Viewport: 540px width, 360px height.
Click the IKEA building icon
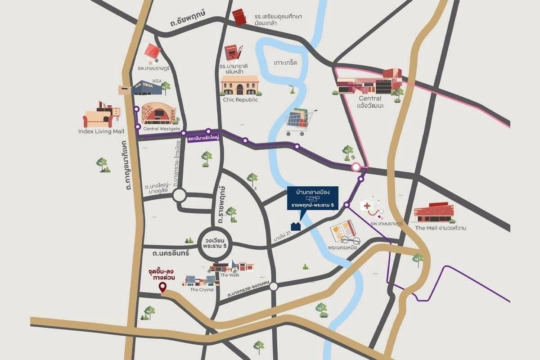(x=147, y=88)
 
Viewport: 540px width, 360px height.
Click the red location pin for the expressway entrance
(x=163, y=288)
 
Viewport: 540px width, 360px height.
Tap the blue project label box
(x=313, y=198)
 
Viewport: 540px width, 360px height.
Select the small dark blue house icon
(x=296, y=225)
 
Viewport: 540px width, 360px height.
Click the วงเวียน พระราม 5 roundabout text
(x=214, y=245)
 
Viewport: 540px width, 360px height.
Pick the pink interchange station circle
(x=356, y=167)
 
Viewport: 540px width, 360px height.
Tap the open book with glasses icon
(x=344, y=232)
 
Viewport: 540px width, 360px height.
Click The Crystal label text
(x=202, y=289)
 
